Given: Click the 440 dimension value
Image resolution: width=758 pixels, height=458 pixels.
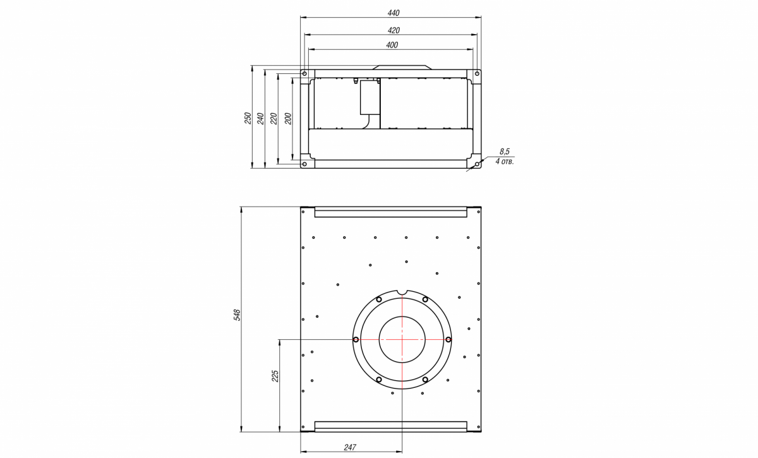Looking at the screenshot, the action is click(x=393, y=13).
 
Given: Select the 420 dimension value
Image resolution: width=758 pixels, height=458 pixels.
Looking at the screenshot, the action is click(x=394, y=30).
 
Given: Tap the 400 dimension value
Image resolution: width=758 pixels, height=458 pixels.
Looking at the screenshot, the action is click(x=392, y=45).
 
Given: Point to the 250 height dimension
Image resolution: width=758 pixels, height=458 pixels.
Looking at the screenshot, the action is click(x=248, y=118).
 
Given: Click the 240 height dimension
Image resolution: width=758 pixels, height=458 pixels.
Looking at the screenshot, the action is click(x=260, y=119).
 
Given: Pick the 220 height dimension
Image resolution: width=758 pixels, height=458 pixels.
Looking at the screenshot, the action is click(x=274, y=119).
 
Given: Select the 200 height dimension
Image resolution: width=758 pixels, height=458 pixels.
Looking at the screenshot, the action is click(x=288, y=119).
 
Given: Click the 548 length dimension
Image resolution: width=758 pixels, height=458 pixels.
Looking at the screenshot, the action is click(x=238, y=315).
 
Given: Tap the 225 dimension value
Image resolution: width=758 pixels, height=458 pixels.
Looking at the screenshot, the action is click(x=275, y=376).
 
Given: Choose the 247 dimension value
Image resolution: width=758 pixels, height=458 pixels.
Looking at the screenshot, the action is click(x=350, y=447).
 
